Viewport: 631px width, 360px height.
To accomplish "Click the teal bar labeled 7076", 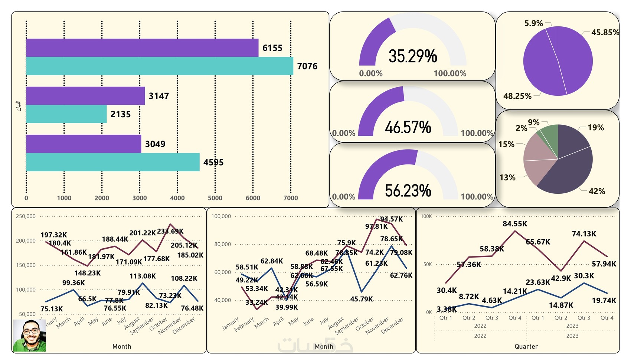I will coord(160,66).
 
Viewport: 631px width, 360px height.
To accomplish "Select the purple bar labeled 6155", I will coord(142,48).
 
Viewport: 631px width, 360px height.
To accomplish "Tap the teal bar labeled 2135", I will coord(66,114).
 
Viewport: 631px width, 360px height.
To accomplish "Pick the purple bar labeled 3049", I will coord(84,144).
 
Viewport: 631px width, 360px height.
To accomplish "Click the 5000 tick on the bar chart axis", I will coord(215,198).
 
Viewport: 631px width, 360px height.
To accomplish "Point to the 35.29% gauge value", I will coord(413,56).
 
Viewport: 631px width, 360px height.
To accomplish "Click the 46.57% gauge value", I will coord(408,127).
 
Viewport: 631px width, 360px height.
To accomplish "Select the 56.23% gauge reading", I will coord(408,191).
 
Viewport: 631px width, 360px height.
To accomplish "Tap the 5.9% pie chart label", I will coord(533,23).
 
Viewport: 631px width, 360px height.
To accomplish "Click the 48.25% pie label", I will coord(517,96).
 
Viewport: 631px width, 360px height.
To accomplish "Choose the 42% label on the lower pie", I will coord(597,192).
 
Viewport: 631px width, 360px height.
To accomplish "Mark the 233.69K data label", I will coord(170,231).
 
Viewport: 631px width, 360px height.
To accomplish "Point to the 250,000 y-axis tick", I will coord(26,216).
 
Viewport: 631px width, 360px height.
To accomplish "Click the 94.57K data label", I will coord(391,219).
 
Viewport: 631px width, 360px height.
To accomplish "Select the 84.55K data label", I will coord(515,224).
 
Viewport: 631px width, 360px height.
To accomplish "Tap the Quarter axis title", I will coord(526,347).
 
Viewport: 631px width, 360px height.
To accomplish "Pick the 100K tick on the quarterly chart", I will coord(426,216).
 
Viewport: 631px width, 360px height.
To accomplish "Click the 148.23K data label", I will coord(87,273).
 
